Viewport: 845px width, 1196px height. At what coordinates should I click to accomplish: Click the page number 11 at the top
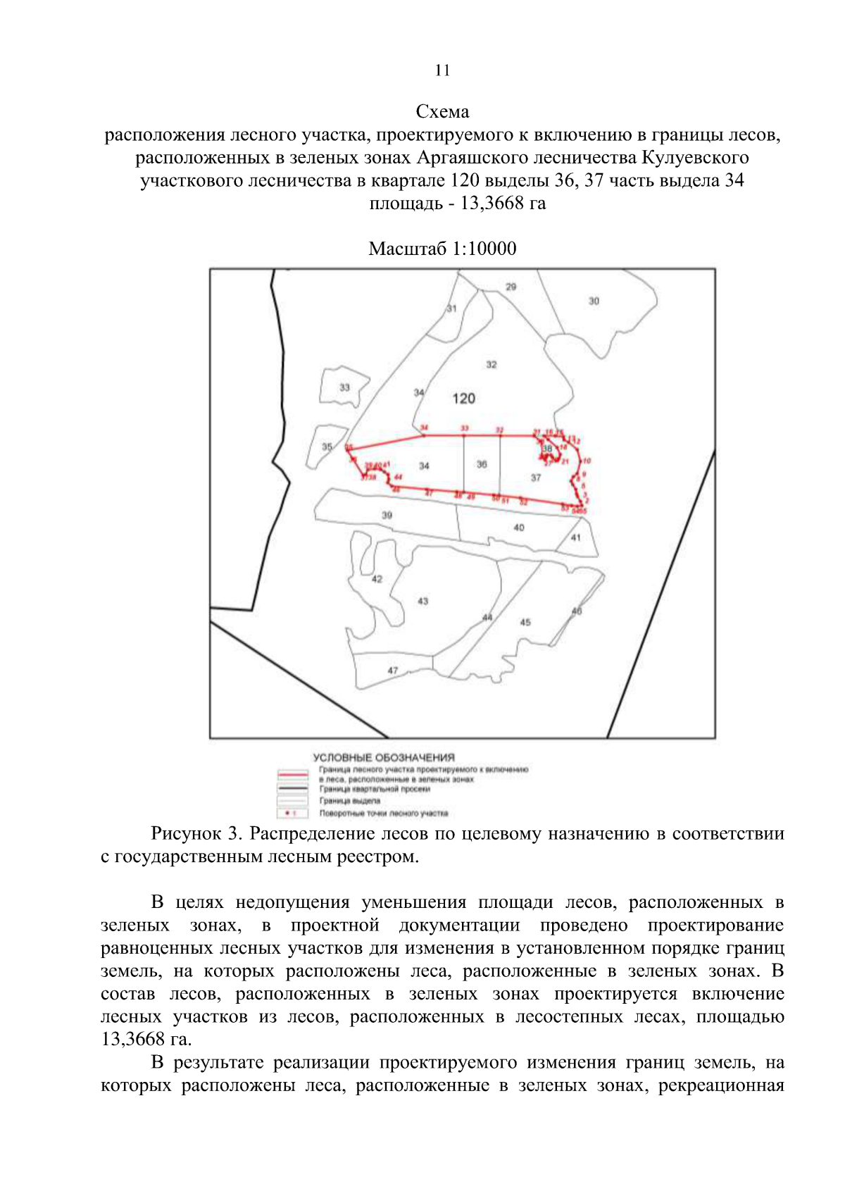tap(442, 70)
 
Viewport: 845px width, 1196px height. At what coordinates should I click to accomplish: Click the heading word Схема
tap(442, 111)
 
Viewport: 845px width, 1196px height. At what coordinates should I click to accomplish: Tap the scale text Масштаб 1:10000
tap(442, 249)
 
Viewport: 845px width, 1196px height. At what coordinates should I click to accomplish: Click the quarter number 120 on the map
tap(463, 399)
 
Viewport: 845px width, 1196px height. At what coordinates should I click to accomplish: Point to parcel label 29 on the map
tap(511, 287)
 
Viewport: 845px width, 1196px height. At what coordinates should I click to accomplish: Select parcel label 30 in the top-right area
tap(594, 301)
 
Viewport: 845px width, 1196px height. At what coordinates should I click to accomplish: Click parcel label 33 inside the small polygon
tap(344, 387)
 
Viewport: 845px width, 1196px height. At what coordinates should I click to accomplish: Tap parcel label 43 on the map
tap(423, 601)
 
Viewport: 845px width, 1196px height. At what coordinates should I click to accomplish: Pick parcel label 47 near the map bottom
tap(392, 671)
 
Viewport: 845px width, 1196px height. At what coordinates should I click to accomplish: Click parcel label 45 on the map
tap(525, 622)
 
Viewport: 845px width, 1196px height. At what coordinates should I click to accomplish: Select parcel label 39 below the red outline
tap(387, 515)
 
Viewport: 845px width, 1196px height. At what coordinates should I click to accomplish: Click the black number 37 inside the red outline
tap(536, 478)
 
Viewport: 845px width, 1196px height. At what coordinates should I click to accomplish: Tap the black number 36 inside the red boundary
tap(482, 464)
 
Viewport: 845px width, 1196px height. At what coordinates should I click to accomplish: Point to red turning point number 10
tap(587, 461)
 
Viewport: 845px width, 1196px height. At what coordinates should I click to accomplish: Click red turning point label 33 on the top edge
tap(464, 428)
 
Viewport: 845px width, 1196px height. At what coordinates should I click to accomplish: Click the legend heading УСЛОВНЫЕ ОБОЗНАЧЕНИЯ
tap(384, 757)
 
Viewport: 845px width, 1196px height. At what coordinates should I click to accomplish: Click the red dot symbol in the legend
tap(287, 814)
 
